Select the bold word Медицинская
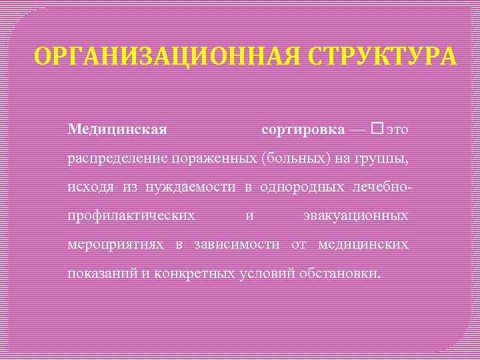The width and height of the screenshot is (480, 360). point(117,128)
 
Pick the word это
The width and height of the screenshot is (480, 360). point(397,129)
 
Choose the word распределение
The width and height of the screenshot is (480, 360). point(118,159)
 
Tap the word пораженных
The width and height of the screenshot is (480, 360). point(215,159)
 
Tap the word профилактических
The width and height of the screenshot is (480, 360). point(131,216)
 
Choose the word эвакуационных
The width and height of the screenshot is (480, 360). point(356,216)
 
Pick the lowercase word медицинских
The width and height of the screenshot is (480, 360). point(364,245)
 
